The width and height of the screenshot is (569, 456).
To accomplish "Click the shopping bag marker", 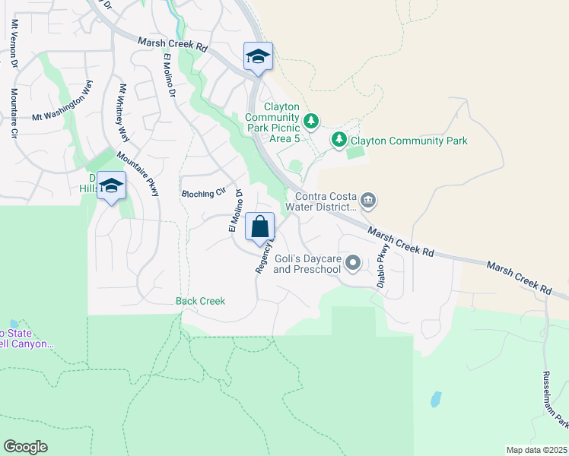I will (x=259, y=226).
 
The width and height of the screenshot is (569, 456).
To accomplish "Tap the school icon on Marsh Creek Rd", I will (x=258, y=56).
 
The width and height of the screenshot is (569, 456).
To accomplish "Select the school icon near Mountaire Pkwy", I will (x=111, y=186).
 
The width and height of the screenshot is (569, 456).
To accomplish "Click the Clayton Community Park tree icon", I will (x=339, y=140).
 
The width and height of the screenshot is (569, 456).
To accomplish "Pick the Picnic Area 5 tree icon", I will (x=310, y=121).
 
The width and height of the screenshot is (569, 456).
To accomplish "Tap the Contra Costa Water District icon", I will (x=368, y=201).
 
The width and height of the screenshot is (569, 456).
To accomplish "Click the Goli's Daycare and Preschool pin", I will (x=352, y=263).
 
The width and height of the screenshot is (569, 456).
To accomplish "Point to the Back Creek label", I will (x=201, y=301).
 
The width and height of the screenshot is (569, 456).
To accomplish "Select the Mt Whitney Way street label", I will (x=122, y=113).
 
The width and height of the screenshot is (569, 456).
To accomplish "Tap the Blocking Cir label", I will (x=205, y=194).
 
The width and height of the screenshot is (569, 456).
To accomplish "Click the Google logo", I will (x=25, y=446).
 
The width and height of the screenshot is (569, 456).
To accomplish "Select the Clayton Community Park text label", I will (x=409, y=141).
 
